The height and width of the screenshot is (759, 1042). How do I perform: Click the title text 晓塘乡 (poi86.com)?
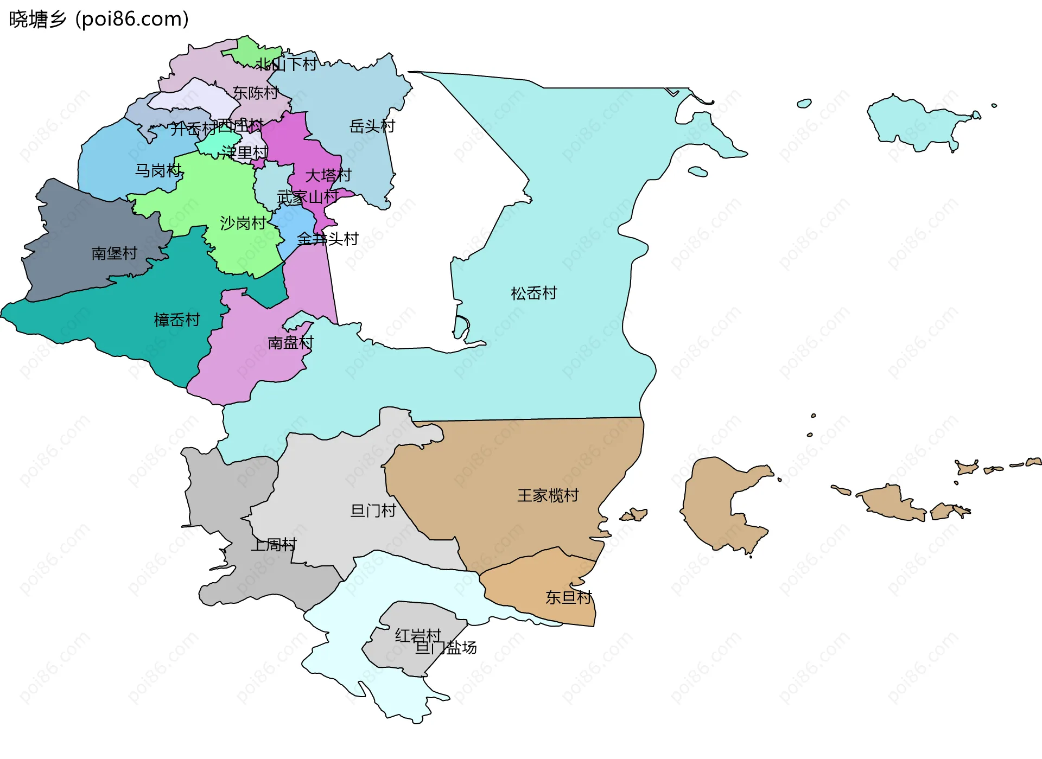[x=99, y=19]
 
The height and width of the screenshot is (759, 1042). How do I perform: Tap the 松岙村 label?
[x=533, y=294]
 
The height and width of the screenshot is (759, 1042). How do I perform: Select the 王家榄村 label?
[x=548, y=495]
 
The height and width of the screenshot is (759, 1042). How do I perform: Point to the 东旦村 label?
[x=568, y=597]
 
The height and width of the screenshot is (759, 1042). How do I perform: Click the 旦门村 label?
[x=373, y=511]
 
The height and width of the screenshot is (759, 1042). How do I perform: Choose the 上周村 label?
[x=274, y=544]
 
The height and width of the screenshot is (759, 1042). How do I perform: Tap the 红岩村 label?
[x=418, y=635]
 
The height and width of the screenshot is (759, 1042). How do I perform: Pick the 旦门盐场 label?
[x=446, y=648]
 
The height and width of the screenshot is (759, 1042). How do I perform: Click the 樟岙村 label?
[x=177, y=320]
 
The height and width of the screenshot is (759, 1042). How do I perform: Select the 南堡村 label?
[x=114, y=253]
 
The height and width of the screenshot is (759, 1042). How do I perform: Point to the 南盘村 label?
[x=290, y=342]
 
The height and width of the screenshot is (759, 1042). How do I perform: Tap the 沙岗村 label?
[x=243, y=223]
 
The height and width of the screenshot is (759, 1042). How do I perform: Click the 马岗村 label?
[x=157, y=170]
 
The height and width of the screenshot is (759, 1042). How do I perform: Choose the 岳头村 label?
[x=372, y=126]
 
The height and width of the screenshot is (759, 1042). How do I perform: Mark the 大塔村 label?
[x=328, y=175]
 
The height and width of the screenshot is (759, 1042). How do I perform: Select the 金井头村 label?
[x=328, y=239]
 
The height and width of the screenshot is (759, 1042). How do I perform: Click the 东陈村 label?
[x=255, y=93]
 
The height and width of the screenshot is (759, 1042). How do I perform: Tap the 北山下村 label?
[x=287, y=65]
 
